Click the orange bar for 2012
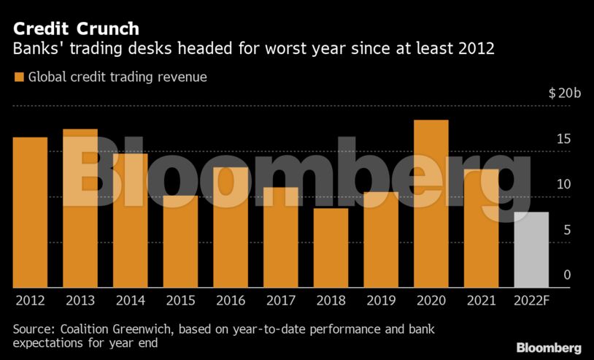(x=30, y=212)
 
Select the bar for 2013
(x=80, y=208)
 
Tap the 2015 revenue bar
(x=180, y=241)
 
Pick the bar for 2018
(x=331, y=248)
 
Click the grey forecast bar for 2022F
(x=531, y=249)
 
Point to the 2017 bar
(x=281, y=237)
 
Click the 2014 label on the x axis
(x=130, y=300)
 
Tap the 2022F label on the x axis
(x=531, y=300)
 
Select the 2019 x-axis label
(x=381, y=300)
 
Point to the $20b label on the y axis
(x=565, y=93)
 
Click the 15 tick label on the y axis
(x=564, y=139)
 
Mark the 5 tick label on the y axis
(x=567, y=231)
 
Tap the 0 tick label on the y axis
(x=567, y=275)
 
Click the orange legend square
(x=18, y=77)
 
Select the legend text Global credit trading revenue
(x=117, y=77)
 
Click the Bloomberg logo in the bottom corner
(x=549, y=348)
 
